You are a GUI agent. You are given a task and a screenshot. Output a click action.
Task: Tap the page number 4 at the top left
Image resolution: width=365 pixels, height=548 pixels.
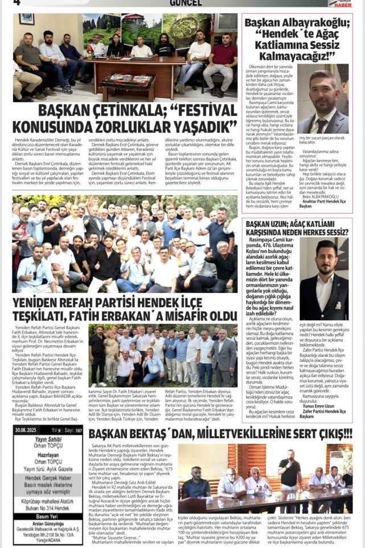pyautogui.click(x=17, y=3)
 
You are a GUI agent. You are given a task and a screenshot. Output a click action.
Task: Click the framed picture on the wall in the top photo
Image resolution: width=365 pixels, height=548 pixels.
pyautogui.click(x=26, y=19)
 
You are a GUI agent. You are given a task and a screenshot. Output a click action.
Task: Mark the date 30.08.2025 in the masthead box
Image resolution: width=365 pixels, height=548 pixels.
pyautogui.click(x=27, y=446)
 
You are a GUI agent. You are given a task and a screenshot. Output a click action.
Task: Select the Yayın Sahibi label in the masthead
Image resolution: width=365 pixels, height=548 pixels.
pyautogui.click(x=47, y=455)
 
